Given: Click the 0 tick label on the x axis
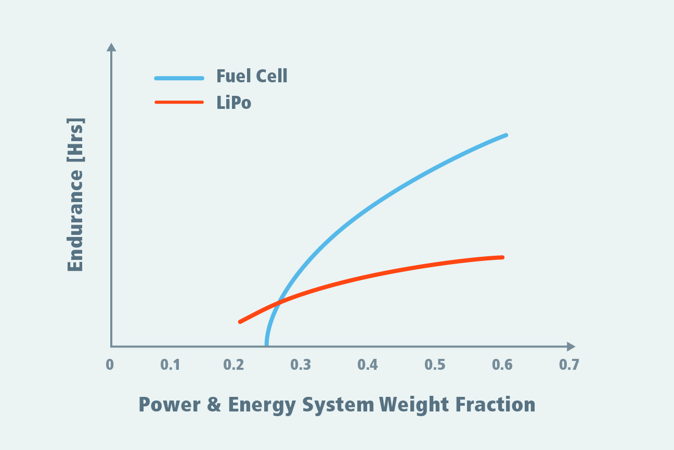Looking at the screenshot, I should click(x=110, y=365).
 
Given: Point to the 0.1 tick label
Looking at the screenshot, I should click(x=170, y=365).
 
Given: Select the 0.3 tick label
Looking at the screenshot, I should click(x=301, y=365).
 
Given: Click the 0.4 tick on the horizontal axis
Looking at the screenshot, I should click(x=367, y=365).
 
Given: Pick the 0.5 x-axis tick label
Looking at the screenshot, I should click(x=435, y=365).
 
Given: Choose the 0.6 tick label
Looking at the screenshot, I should click(x=502, y=365).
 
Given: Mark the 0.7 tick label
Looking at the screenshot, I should click(x=569, y=365).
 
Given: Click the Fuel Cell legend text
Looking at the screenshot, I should click(x=252, y=77).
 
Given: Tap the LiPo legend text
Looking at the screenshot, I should click(x=234, y=103).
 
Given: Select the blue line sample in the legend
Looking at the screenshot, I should click(x=179, y=78).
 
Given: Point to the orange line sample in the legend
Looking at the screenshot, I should click(x=179, y=102).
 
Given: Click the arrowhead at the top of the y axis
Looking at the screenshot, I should click(x=111, y=47).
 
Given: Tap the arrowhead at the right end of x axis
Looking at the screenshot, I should click(x=571, y=346).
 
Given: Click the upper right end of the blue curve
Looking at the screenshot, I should click(x=505, y=135).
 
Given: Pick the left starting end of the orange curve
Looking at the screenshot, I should click(x=240, y=322).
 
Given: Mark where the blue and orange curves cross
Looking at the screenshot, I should click(x=278, y=302).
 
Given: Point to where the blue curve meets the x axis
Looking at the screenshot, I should click(x=266, y=344).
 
